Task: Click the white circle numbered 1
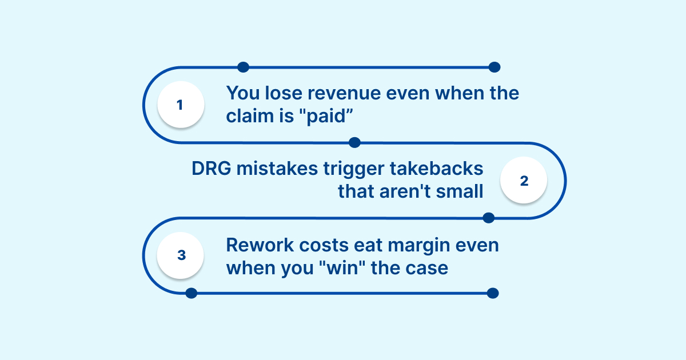tap(181, 105)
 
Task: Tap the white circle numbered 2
tap(524, 181)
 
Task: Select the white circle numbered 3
tap(181, 255)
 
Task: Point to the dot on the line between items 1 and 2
tap(354, 142)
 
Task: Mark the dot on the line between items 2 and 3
tap(488, 218)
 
